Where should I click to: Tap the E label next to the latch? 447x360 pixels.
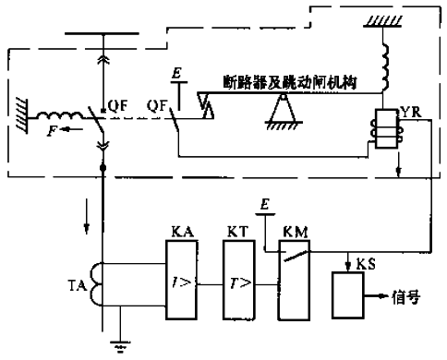click(176, 73)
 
